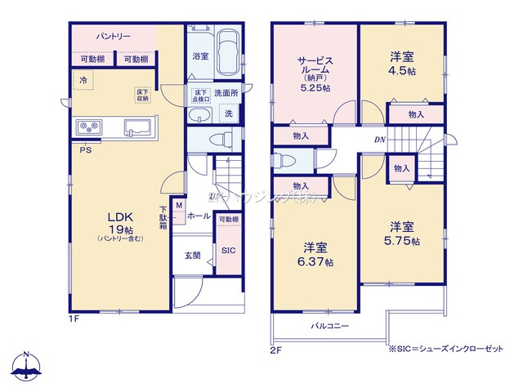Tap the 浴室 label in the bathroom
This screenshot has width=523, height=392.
pyautogui.click(x=200, y=56)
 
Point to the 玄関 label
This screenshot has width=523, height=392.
pyautogui.click(x=192, y=256)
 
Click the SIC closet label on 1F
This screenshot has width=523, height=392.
pyautogui.click(x=228, y=251)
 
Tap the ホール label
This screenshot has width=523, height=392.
pyautogui.click(x=197, y=216)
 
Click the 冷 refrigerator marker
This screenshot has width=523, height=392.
pyautogui.click(x=83, y=79)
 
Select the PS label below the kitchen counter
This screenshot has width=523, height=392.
pyautogui.click(x=85, y=150)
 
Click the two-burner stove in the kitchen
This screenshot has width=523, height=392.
pyautogui.click(x=88, y=127)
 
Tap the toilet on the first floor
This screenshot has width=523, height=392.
pyautogui.click(x=221, y=140)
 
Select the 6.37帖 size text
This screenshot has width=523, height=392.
pyautogui.click(x=317, y=262)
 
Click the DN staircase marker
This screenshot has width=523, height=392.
pyautogui.click(x=380, y=140)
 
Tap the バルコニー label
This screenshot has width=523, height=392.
pyautogui.click(x=329, y=326)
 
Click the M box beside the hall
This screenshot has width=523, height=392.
pyautogui.click(x=178, y=205)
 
